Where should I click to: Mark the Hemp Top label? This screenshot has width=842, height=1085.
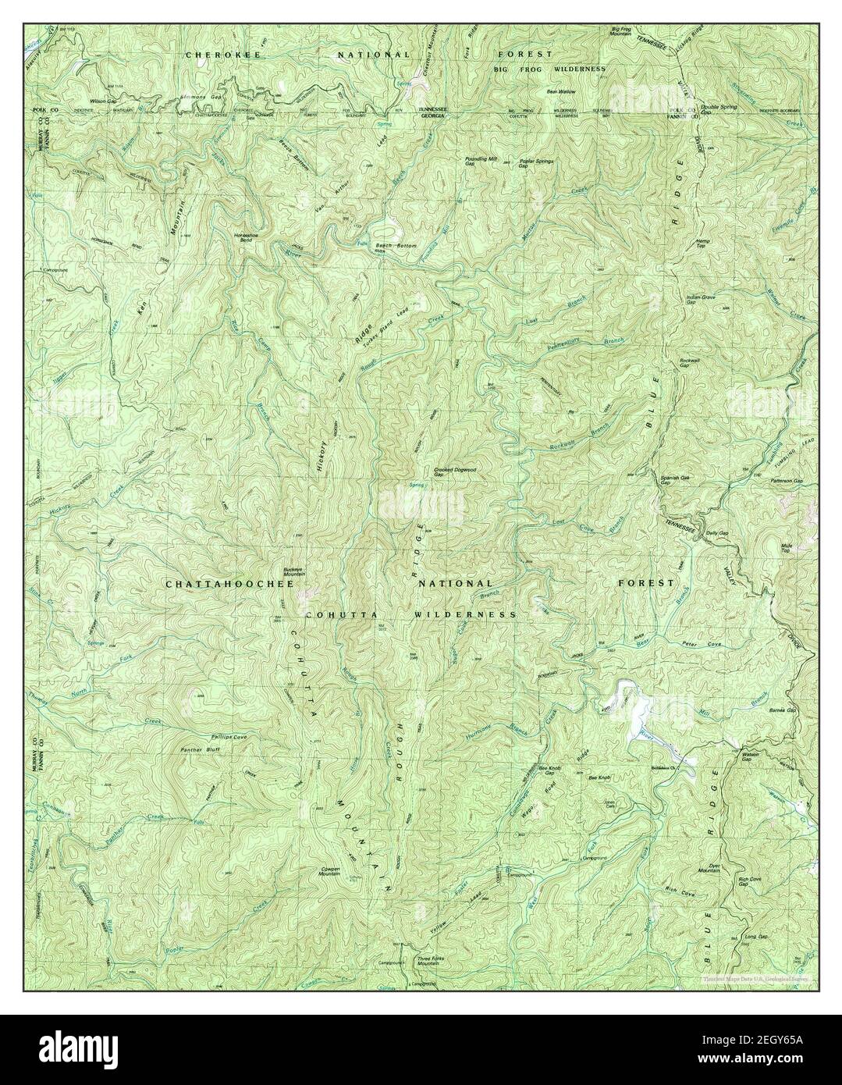coord(701,244)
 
